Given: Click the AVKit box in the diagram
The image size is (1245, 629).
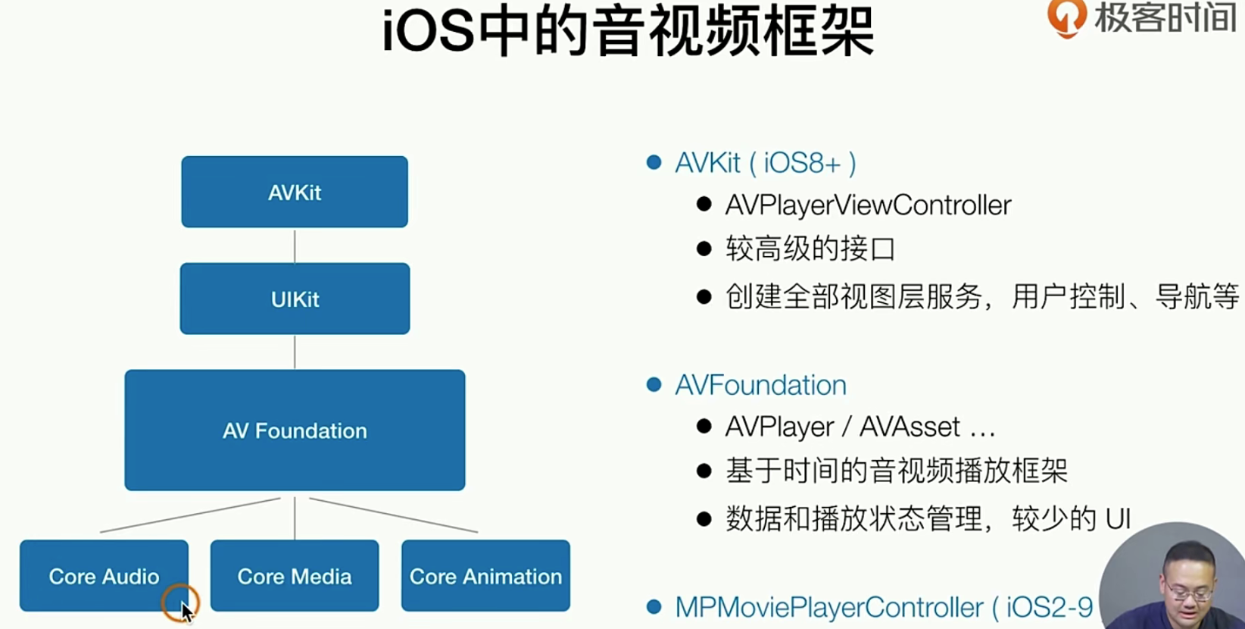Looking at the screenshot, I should tap(295, 192).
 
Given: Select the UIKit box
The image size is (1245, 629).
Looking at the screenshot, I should tap(295, 299).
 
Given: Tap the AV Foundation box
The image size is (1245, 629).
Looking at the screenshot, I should tap(295, 430).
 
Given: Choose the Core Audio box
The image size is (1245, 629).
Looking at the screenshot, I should tap(104, 576).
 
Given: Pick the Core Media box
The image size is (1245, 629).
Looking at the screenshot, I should tap(295, 576).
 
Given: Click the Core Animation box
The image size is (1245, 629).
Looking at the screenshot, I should tap(485, 576).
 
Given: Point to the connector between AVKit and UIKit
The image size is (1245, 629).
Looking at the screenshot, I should tap(295, 246).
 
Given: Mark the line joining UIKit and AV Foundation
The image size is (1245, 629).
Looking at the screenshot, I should tap(295, 352).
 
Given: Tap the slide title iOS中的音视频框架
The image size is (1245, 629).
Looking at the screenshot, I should tap(628, 32).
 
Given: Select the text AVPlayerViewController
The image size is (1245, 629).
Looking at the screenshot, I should tap(868, 205).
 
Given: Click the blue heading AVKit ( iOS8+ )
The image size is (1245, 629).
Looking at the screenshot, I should tap(765, 163).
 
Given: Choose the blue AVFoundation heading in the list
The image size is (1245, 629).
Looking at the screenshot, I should tap(760, 385).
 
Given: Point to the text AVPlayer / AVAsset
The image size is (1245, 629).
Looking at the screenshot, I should tap(860, 427).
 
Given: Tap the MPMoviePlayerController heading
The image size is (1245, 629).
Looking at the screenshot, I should tap(883, 607).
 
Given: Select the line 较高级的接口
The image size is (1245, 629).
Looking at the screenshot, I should tap(810, 249).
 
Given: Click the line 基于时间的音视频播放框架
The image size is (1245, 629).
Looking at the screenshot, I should tap(897, 471).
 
